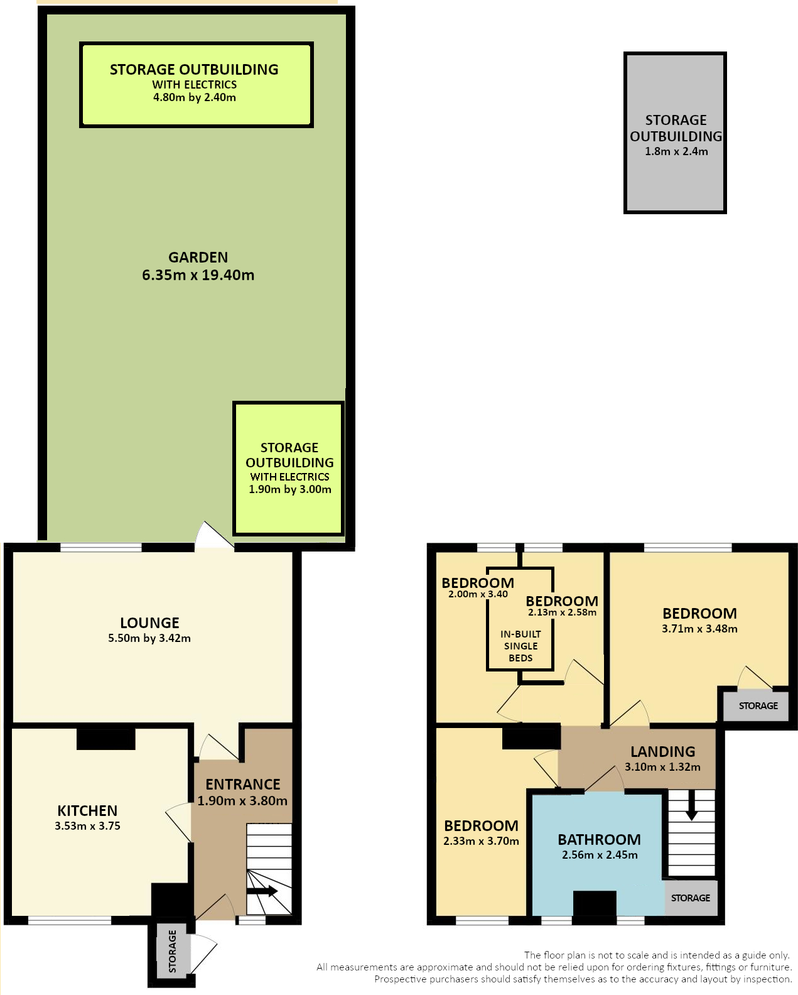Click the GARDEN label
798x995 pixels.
198,257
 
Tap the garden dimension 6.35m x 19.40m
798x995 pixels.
198,275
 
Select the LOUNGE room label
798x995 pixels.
149,623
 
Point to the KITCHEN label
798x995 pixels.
87,810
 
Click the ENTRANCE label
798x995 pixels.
242,784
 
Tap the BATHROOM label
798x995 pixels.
600,839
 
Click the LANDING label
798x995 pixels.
662,751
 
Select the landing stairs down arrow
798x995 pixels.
691,805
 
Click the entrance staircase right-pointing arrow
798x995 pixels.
262,892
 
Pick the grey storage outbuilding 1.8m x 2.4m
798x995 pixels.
674,133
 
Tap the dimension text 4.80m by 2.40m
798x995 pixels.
195,97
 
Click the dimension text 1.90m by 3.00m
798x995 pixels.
289,489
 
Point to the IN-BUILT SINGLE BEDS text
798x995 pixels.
520,646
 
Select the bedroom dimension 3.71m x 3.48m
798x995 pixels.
699,628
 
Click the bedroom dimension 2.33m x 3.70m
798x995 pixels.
481,840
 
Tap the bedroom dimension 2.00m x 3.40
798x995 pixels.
478,594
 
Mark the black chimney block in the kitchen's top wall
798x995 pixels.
106,739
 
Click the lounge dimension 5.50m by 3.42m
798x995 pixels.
149,638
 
